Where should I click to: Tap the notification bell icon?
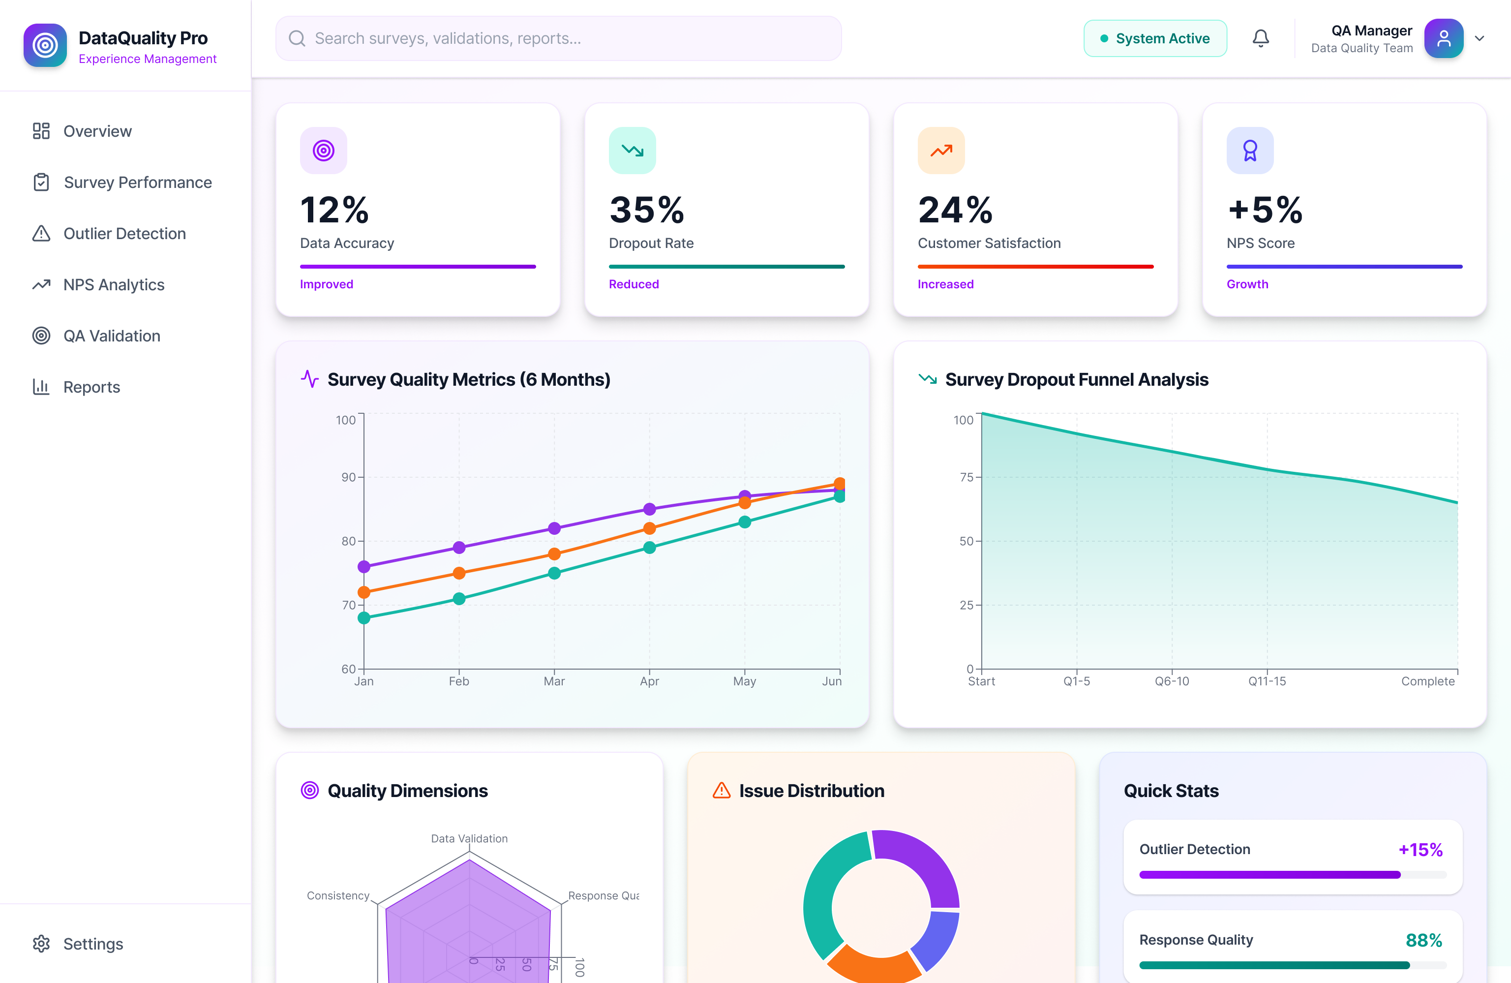[1260, 39]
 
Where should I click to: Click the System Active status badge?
[1155, 39]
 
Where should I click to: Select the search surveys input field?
[559, 39]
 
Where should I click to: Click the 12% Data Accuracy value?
[334, 210]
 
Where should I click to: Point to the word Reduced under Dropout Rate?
[634, 284]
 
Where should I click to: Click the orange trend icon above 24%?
[941, 151]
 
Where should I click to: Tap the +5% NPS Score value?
[1265, 210]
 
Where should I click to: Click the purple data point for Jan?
[364, 566]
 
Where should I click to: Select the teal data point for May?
[745, 522]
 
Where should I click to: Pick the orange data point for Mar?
[554, 553]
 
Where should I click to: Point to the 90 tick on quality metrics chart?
[349, 477]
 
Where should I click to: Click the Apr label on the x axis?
[649, 681]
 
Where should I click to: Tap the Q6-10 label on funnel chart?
[1171, 681]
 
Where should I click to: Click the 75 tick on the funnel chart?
[967, 477]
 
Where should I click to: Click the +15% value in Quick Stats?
[1420, 850]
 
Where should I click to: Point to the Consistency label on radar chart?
[338, 895]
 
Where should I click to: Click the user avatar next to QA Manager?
[1443, 39]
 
